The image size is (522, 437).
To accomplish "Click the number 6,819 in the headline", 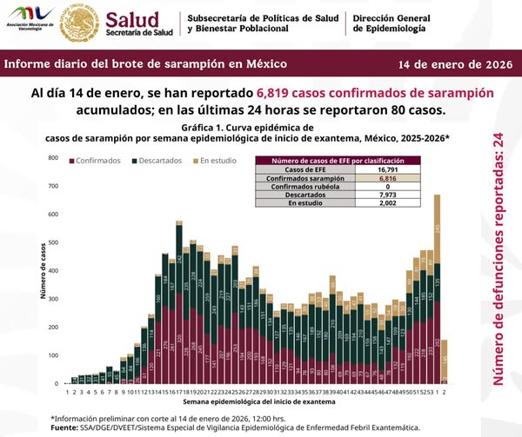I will pyautogui.click(x=283, y=93).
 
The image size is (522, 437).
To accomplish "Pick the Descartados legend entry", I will pyautogui.click(x=158, y=161).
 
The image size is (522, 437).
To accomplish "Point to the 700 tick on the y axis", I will pyautogui.click(x=53, y=186).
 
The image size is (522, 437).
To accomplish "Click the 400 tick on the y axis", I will pyautogui.click(x=53, y=271).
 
